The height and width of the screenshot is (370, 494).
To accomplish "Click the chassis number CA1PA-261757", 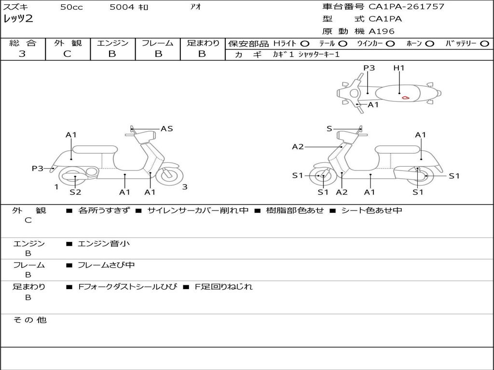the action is [406, 7].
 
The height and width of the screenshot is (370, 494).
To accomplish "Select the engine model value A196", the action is [382, 31].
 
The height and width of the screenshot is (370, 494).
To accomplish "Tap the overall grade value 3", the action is [22, 54].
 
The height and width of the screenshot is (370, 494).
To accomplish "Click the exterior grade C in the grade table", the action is [67, 54].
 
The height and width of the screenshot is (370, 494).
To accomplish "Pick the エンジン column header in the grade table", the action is [112, 43].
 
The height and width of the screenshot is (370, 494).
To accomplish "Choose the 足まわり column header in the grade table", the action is [203, 43].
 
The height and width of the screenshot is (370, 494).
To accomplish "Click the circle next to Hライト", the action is [305, 43].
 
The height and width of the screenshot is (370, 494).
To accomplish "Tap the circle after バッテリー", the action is [484, 43].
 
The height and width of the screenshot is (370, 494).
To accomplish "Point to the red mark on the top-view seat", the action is [406, 98].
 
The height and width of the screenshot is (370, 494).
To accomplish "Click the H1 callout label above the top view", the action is [399, 68].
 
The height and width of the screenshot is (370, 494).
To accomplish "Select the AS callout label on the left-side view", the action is [167, 129].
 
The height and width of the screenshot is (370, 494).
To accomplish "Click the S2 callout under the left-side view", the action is [75, 192].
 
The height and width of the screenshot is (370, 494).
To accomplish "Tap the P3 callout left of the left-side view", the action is [38, 168].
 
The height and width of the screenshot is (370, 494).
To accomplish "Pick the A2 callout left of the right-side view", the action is [298, 146].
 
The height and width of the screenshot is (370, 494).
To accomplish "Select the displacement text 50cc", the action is [71, 7].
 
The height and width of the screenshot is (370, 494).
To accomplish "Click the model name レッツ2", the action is [18, 19].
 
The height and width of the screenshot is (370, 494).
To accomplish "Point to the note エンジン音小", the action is [104, 244].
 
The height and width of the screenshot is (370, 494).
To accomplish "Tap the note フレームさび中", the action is [106, 265].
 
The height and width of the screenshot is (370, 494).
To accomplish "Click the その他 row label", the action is [29, 320].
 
